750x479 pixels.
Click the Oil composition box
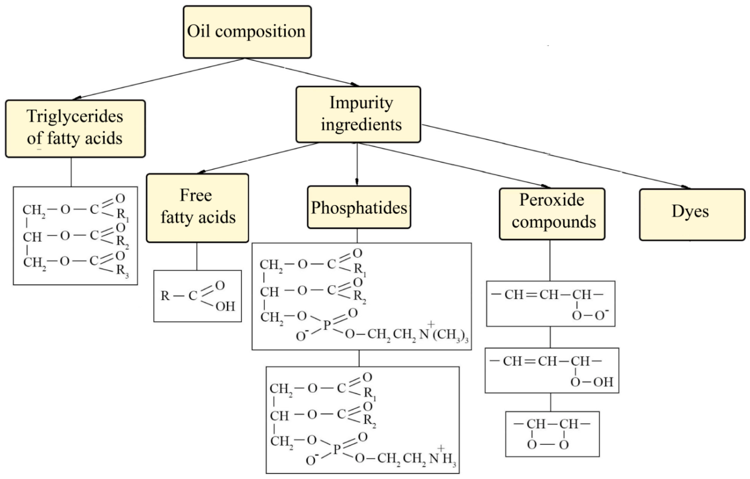247,32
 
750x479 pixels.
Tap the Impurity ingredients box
358,114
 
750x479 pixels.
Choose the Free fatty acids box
197,207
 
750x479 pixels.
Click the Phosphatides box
359,207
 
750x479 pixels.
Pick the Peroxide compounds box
552,214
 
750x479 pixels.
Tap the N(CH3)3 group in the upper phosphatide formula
444,334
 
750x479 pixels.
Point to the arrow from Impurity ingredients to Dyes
554,156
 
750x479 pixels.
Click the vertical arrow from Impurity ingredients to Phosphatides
357,163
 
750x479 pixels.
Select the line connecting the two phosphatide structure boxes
359,358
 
